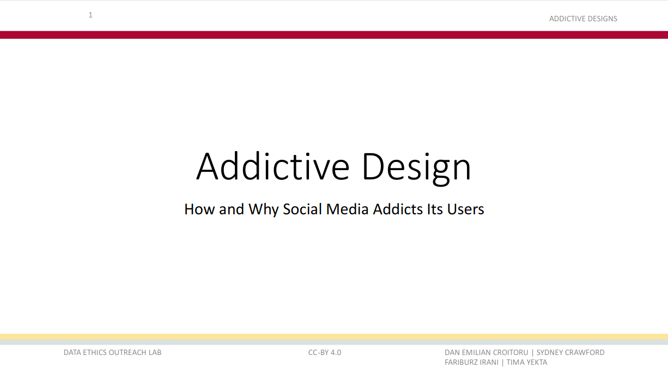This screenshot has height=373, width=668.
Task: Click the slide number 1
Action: (90, 15)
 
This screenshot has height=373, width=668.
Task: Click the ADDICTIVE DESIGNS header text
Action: (583, 19)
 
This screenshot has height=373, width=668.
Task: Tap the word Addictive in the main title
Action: (272, 166)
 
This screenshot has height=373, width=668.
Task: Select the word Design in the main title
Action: (417, 169)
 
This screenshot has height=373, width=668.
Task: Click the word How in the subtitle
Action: (199, 209)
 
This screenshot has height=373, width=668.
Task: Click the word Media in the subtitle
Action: (348, 209)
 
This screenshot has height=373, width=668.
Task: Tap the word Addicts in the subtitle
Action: (398, 209)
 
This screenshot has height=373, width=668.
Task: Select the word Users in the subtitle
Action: (465, 209)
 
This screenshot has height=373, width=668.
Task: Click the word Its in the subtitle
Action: (434, 209)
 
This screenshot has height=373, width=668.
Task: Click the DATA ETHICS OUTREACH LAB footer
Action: (112, 352)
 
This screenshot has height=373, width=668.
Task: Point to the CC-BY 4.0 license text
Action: (325, 352)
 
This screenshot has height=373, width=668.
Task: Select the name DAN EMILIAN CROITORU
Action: (486, 352)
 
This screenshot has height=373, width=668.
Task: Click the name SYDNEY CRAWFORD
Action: (570, 352)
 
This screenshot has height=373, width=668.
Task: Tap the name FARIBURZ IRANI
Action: (471, 362)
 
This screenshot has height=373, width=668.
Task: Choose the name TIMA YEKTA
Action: (527, 362)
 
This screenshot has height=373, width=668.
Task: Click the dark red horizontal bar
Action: (334, 35)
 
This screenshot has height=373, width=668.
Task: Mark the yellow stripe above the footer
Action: (334, 336)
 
